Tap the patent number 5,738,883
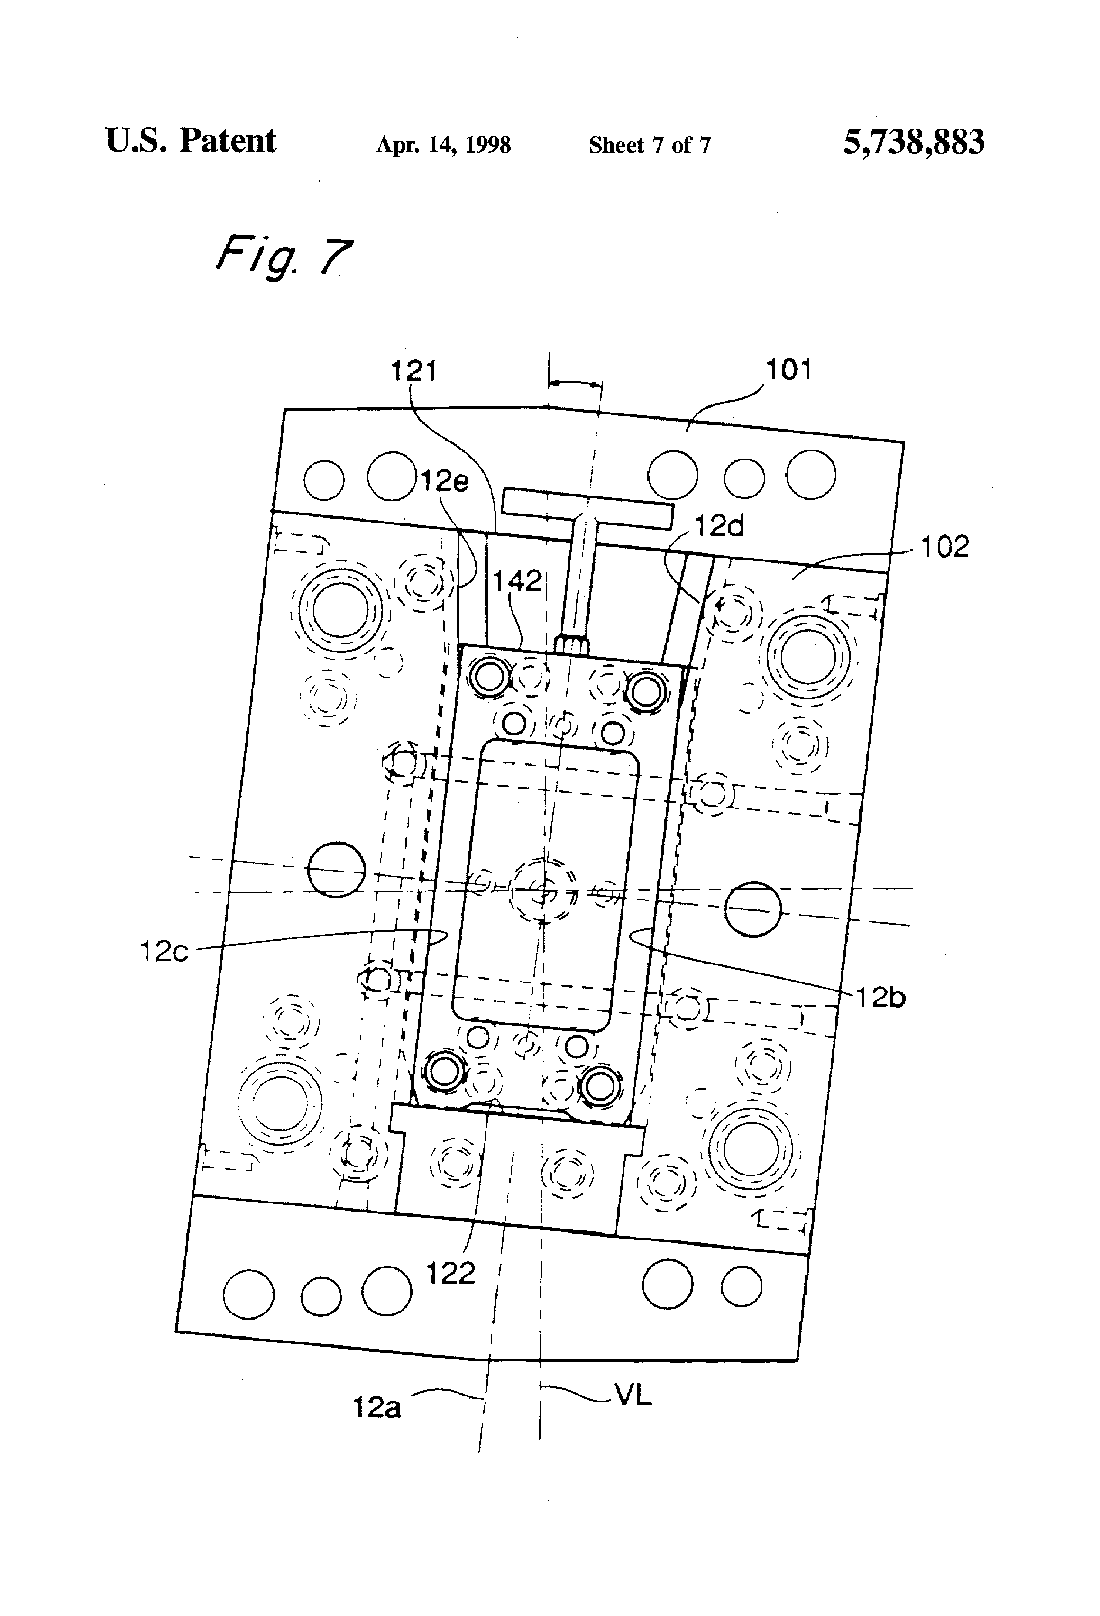pyautogui.click(x=914, y=143)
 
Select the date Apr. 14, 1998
pyautogui.click(x=444, y=145)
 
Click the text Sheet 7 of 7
pyautogui.click(x=650, y=145)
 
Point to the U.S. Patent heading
pyautogui.click(x=191, y=141)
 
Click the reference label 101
pyautogui.click(x=788, y=370)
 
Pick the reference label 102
pyautogui.click(x=944, y=547)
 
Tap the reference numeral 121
pyautogui.click(x=414, y=371)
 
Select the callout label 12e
pyautogui.click(x=445, y=481)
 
